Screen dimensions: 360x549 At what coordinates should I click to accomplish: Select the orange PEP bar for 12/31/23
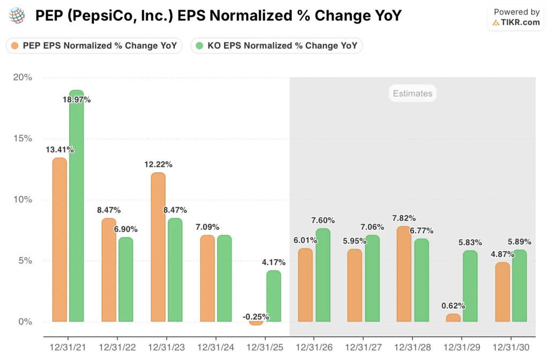[x=158, y=247]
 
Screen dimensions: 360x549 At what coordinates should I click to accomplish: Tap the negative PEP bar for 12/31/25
[x=256, y=323]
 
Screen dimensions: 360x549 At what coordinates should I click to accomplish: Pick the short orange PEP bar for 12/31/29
[x=453, y=318]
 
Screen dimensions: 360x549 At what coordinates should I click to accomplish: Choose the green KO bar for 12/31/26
[x=323, y=275]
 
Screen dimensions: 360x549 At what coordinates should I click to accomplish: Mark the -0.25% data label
[x=256, y=317]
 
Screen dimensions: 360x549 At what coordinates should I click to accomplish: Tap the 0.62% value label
[x=453, y=306]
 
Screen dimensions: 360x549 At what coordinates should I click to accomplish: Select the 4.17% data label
[x=273, y=262]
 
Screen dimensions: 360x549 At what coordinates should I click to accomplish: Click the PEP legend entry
[x=94, y=46]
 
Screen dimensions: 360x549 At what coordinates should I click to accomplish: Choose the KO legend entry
[x=277, y=46]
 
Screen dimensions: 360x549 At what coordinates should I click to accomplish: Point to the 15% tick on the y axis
[x=23, y=138]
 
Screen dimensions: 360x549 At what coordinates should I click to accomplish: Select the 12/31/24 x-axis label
[x=216, y=347]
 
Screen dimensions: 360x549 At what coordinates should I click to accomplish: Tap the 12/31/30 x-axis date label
[x=511, y=347]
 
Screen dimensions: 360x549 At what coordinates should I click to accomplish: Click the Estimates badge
[x=412, y=93]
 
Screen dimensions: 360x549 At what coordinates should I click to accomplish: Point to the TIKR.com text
[x=520, y=22]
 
